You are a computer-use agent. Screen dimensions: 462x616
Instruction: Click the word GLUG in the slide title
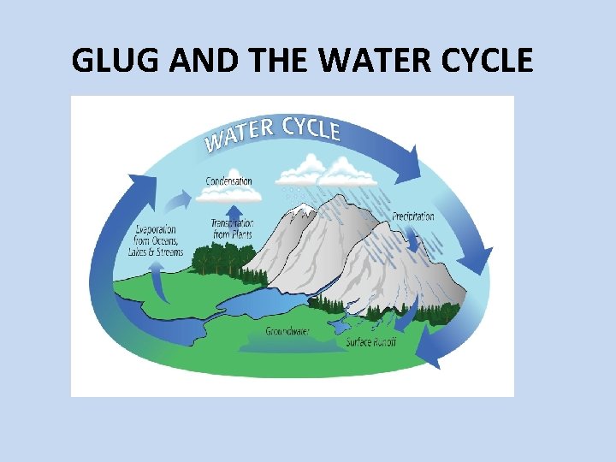click(x=110, y=61)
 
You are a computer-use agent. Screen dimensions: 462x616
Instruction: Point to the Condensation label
click(x=229, y=181)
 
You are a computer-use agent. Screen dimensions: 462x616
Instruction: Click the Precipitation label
click(x=413, y=216)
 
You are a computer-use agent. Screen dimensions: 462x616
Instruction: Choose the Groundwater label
click(x=287, y=330)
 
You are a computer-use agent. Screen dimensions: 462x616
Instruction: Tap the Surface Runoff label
click(x=371, y=342)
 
